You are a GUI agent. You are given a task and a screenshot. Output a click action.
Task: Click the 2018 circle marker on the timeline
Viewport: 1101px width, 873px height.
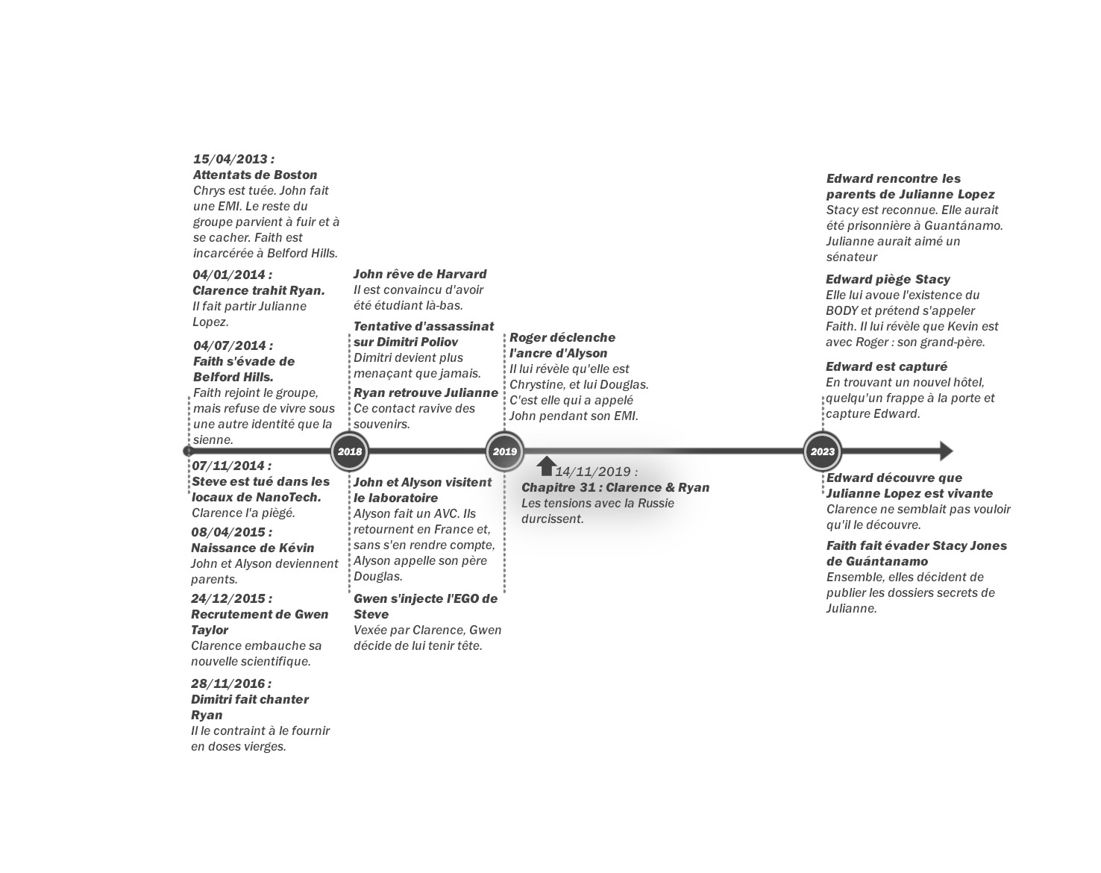(350, 451)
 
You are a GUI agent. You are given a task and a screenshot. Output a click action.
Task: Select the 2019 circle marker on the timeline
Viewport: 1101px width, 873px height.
(505, 451)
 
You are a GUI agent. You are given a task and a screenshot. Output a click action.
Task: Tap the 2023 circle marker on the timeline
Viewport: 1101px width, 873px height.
(823, 451)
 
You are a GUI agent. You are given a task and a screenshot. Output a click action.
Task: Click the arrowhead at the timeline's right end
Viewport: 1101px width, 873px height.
(946, 451)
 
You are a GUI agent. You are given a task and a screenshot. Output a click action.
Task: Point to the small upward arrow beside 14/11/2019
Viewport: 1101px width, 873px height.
(546, 466)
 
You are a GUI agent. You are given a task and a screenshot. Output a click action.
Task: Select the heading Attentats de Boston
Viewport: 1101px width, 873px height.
(255, 175)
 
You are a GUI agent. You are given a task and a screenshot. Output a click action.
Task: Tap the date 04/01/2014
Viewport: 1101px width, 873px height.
(232, 275)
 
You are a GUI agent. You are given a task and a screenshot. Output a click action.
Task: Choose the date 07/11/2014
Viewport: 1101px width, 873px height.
(231, 466)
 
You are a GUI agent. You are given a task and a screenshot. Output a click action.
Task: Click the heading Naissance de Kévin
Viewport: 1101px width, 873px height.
(253, 548)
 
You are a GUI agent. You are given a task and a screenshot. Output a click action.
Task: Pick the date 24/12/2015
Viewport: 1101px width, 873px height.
(231, 598)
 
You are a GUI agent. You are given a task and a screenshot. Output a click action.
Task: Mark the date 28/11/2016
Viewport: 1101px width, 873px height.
(231, 683)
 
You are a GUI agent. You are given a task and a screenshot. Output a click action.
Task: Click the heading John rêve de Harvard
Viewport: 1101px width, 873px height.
(420, 274)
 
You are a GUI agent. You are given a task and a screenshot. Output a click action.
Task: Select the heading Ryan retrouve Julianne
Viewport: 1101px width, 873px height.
(426, 392)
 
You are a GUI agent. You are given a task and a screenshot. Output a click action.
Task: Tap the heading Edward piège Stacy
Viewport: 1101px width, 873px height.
(888, 279)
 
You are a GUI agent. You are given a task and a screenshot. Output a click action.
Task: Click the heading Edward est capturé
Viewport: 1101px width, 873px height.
(886, 366)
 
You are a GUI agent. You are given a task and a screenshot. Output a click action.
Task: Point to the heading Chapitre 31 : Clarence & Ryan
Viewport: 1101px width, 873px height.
(615, 487)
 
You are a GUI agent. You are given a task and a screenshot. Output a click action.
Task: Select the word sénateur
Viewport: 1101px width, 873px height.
(852, 257)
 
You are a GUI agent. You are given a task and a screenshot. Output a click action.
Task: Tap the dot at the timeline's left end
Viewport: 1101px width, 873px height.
(188, 451)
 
